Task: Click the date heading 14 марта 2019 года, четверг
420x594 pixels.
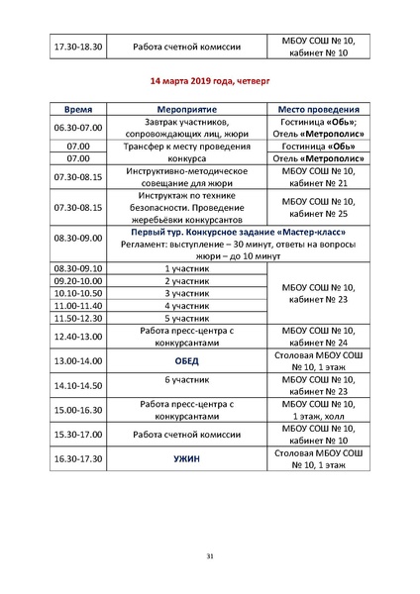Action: click(x=209, y=81)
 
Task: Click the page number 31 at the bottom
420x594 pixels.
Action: click(x=210, y=556)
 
